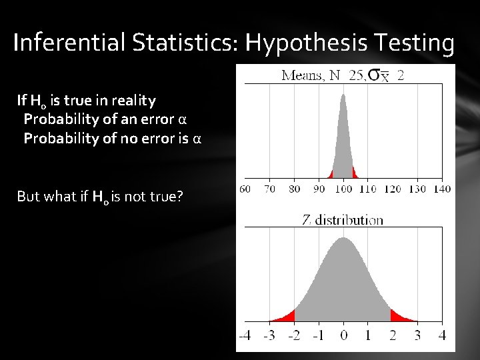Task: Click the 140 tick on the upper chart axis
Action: (441, 189)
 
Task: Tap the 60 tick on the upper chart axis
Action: (244, 189)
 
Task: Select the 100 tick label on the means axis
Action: (343, 189)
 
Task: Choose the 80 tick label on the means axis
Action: (293, 189)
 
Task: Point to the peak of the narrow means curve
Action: (343, 97)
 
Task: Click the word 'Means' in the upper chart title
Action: (303, 75)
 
